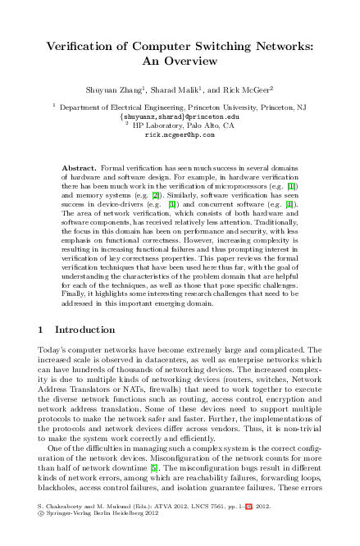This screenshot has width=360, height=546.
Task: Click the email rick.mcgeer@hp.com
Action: click(x=179, y=134)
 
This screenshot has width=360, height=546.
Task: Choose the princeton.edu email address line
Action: click(x=179, y=116)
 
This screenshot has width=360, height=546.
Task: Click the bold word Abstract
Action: click(x=80, y=167)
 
